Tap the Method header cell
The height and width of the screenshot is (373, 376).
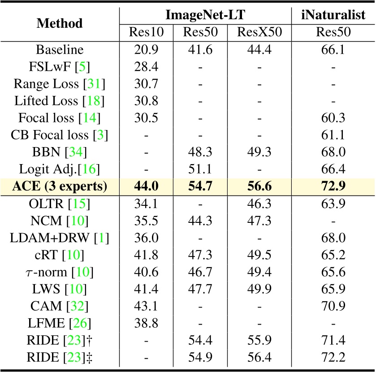tap(60, 23)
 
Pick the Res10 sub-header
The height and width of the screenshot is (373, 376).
tap(146, 32)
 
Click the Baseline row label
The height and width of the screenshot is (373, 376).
tap(60, 49)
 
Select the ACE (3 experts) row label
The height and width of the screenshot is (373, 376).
tap(60, 186)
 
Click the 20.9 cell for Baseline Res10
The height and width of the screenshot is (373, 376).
tap(146, 49)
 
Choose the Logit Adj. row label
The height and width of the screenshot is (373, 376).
tap(60, 169)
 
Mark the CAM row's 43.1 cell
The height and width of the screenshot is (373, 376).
tap(146, 306)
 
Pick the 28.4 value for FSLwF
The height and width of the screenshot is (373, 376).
tap(146, 66)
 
